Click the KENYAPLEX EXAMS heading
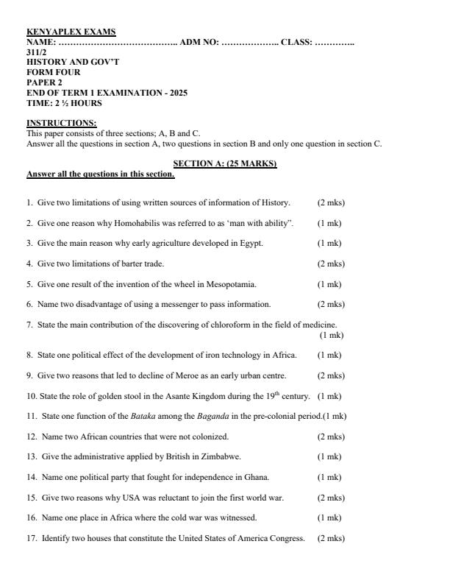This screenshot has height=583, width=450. click(x=71, y=32)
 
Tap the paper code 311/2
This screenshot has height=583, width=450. click(x=37, y=52)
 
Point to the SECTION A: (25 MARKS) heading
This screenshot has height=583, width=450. click(x=224, y=163)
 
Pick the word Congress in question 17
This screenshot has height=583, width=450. click(x=288, y=538)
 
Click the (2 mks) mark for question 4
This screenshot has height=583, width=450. click(x=331, y=264)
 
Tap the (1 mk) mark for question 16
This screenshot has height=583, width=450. click(x=329, y=517)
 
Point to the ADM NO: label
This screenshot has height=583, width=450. click(x=199, y=43)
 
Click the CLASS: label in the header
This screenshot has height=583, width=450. click(x=297, y=43)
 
